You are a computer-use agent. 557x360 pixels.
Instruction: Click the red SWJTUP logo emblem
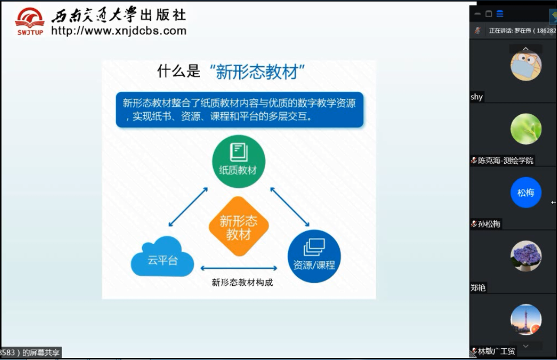pos(30,21)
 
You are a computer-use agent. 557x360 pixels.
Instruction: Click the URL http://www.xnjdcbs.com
pos(119,31)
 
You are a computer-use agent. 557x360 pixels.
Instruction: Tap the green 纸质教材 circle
pos(239,161)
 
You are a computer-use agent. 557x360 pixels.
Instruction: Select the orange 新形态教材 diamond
pos(239,226)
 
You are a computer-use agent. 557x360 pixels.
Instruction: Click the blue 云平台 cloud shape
pos(162,257)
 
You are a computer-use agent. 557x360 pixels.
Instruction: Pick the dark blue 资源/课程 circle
pos(314,256)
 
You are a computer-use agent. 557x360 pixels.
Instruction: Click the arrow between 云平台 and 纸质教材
pos(188,207)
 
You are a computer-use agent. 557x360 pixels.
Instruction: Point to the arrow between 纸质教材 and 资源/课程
pos(290,207)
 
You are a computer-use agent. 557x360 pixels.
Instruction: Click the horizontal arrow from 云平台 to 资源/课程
pos(239,268)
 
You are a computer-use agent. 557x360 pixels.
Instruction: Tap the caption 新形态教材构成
pos(242,282)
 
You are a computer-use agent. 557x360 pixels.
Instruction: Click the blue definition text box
pos(240,110)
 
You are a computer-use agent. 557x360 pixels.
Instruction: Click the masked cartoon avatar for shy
pos(526,66)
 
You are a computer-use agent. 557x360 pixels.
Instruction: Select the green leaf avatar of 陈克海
pos(526,128)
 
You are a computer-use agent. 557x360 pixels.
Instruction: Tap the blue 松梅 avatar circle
pos(526,192)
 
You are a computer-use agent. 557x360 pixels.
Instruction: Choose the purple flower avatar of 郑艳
pos(526,256)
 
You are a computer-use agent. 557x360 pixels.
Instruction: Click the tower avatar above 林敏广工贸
pos(526,319)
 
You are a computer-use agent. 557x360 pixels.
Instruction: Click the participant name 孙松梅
pos(489,224)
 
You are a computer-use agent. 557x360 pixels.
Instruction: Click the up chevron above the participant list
pos(526,49)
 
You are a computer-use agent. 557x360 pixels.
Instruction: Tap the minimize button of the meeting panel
pos(477,14)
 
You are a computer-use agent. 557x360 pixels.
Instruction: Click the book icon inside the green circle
pos(239,152)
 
